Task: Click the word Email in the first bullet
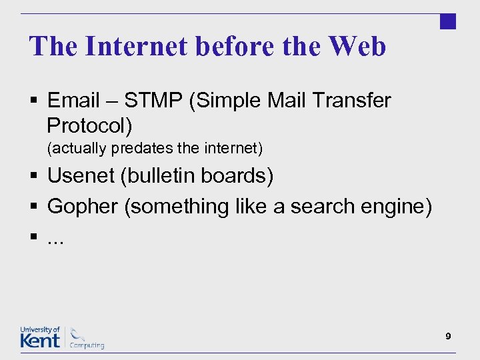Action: tap(73, 101)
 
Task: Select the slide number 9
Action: tap(449, 337)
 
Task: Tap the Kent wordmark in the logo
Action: tap(40, 340)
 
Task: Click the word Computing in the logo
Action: tap(88, 345)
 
